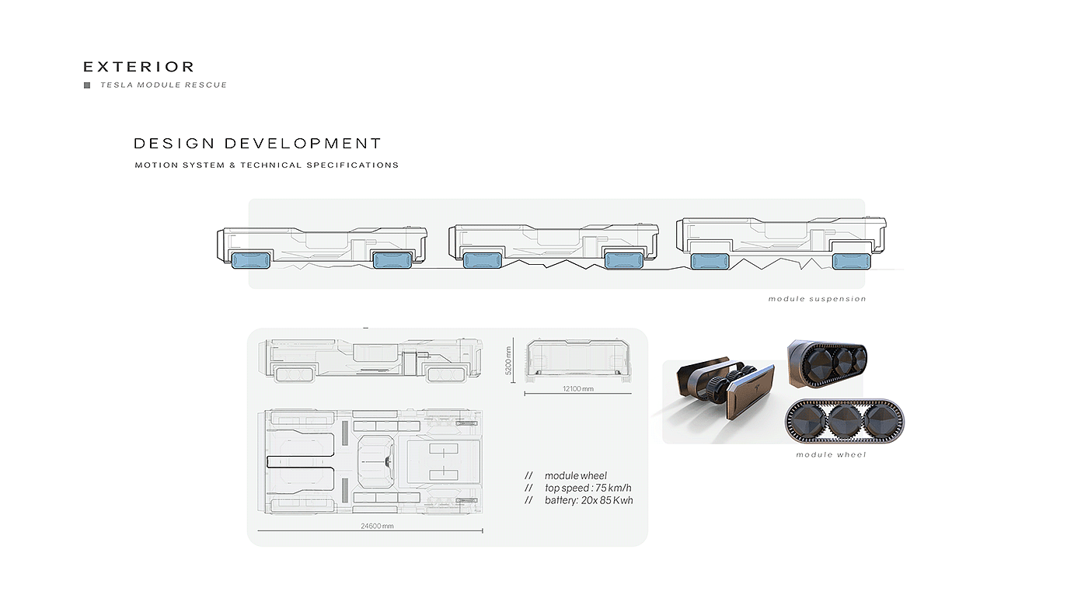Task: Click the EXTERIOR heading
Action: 138,68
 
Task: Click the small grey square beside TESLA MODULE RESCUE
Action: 87,85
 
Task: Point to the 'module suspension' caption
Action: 817,299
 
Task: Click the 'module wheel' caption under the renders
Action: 831,455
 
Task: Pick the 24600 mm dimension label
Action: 377,526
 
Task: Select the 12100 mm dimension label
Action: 577,388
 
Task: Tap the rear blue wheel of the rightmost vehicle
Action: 852,262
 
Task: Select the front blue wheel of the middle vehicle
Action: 482,261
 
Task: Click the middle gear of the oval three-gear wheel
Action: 844,421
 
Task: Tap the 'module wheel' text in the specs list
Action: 575,476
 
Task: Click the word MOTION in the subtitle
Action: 155,165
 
